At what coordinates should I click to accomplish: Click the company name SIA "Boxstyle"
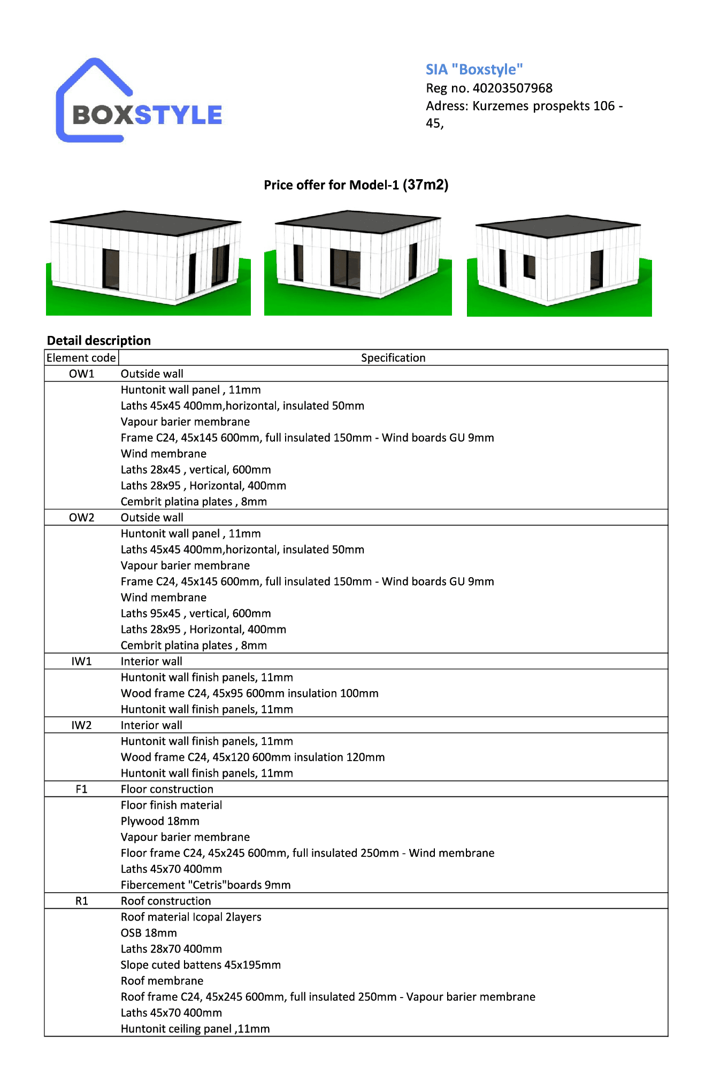tap(474, 70)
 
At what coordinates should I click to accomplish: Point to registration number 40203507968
tap(512, 88)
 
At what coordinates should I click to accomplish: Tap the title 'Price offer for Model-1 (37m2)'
tap(356, 185)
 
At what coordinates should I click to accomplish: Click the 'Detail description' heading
tap(99, 341)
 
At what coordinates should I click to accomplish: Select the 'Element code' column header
tap(81, 358)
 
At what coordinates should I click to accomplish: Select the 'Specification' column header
tap(393, 358)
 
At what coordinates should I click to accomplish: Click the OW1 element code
tap(81, 374)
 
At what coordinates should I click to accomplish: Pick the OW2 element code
tap(81, 518)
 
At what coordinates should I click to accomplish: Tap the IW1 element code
tap(81, 662)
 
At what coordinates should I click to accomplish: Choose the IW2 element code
tap(81, 725)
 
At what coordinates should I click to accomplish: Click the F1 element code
tap(81, 790)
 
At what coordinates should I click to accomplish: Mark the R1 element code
tap(81, 901)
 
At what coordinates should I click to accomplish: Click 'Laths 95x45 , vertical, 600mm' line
tap(196, 614)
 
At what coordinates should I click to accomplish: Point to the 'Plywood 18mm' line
tap(160, 822)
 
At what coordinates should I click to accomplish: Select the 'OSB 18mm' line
tap(149, 933)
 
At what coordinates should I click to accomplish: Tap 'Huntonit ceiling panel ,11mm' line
tap(195, 1029)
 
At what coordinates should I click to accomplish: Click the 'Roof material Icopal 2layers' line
tap(191, 917)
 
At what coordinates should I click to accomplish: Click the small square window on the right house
tap(530, 266)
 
